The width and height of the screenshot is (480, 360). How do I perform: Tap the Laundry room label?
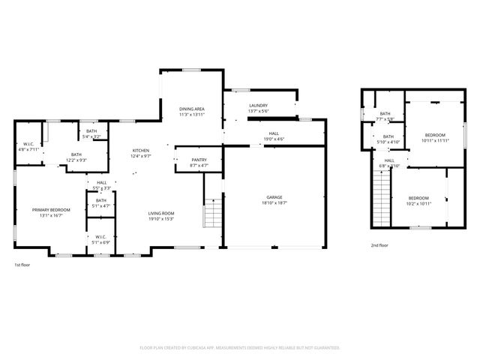(x=259, y=106)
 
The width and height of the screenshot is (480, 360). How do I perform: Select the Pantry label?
(x=199, y=160)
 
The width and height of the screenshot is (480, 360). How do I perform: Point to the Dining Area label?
(x=191, y=109)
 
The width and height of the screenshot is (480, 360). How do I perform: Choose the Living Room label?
(x=161, y=214)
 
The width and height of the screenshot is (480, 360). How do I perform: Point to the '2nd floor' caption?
(x=379, y=245)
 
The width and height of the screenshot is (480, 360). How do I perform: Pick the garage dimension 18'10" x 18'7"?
(x=275, y=203)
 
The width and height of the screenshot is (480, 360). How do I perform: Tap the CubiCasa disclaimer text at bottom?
(x=240, y=348)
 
